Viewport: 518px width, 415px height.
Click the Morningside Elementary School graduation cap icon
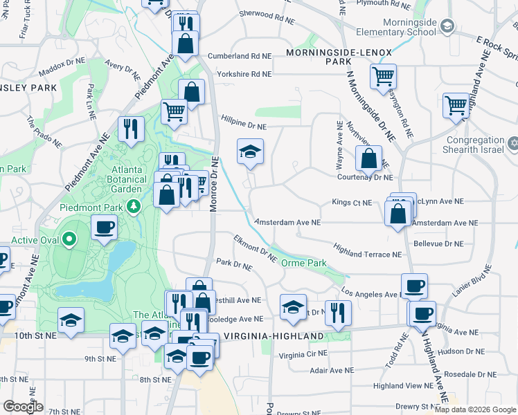pyautogui.click(x=447, y=26)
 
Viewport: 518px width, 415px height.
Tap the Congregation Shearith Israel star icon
pyautogui.click(x=512, y=144)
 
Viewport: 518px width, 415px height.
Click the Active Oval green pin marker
pyautogui.click(x=69, y=240)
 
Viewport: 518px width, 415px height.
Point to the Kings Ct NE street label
pyautogui.click(x=352, y=203)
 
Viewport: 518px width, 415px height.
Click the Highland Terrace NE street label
pyautogui.click(x=367, y=254)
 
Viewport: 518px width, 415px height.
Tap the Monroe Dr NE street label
pyautogui.click(x=215, y=183)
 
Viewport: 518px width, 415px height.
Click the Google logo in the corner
pyautogui.click(x=24, y=407)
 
